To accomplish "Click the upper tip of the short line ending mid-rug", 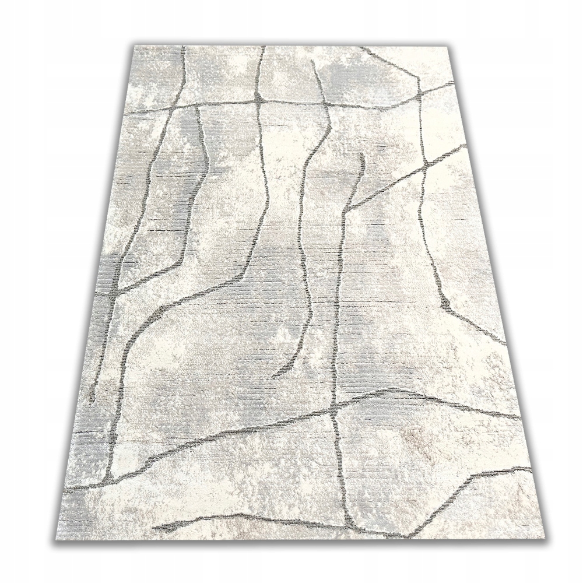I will pyautogui.click(x=363, y=154).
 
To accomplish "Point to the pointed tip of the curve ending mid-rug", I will pyautogui.click(x=274, y=377).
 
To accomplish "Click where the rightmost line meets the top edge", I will pyautogui.click(x=362, y=47).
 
